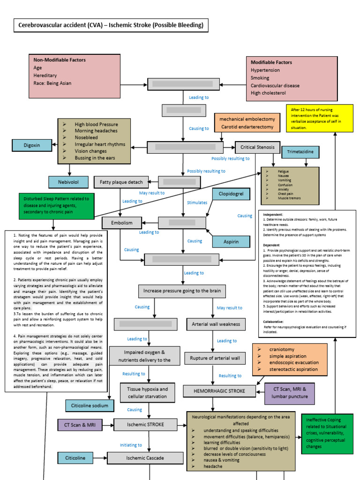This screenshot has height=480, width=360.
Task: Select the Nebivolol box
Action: click(67, 182)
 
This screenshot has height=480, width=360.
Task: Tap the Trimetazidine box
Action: click(300, 152)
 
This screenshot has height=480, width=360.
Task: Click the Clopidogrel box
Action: click(231, 194)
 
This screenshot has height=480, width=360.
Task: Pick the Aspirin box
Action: click(231, 241)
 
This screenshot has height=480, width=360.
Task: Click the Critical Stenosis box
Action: click(257, 147)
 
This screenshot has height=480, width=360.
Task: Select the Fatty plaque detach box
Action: click(121, 181)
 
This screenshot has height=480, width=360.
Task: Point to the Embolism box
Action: click(121, 223)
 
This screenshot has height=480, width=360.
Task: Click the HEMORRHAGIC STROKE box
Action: click(219, 391)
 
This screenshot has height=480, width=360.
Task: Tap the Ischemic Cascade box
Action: click(145, 457)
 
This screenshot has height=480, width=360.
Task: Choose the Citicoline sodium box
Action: click(90, 405)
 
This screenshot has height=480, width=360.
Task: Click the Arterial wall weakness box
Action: click(216, 324)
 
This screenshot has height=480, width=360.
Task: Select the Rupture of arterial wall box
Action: click(215, 358)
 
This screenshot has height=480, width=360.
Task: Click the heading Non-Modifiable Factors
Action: click(60, 60)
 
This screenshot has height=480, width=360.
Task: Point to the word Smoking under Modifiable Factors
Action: click(260, 78)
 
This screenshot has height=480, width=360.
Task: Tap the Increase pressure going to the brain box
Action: click(182, 291)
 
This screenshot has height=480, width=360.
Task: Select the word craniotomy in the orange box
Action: click(283, 349)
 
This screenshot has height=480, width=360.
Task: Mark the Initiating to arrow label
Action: click(131, 445)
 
